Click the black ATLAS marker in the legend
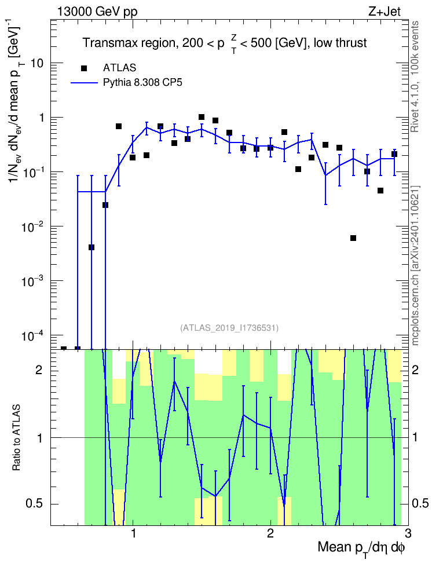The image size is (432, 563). coord(84,68)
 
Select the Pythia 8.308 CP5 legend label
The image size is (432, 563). coord(142,83)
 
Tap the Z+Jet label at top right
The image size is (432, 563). coord(385,12)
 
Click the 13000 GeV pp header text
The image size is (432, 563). coord(97,12)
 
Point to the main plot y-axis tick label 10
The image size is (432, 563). coord(36,63)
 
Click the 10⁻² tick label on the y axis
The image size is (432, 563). coord(32,226)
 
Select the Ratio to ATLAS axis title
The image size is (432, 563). coord(16,438)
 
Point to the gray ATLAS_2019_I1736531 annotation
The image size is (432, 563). coord(229,328)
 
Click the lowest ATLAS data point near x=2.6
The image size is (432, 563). coord(353,238)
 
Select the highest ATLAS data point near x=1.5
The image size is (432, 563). coord(202,117)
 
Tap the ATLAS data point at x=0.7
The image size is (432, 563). coord(91,247)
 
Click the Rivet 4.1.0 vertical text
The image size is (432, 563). coord(415,76)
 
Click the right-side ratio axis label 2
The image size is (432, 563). coord(416,370)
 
